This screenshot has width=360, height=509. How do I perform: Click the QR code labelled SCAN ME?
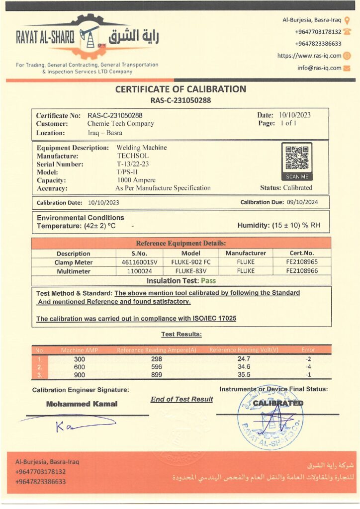(297, 158)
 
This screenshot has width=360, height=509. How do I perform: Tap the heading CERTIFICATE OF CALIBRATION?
(180, 89)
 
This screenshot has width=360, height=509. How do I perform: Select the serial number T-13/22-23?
(133, 164)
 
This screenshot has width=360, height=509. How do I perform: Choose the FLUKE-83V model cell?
(190, 271)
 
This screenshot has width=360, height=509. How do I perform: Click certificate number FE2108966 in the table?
(302, 271)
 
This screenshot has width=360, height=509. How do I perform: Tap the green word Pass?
(208, 280)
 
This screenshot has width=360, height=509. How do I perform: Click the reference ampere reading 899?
(156, 375)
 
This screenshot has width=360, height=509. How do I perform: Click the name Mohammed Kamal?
(82, 404)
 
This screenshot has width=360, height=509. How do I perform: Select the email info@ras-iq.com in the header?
(320, 68)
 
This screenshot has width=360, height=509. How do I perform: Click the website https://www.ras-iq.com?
(309, 56)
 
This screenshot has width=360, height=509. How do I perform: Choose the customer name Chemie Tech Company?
(120, 124)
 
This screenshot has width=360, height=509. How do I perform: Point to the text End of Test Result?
(181, 399)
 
